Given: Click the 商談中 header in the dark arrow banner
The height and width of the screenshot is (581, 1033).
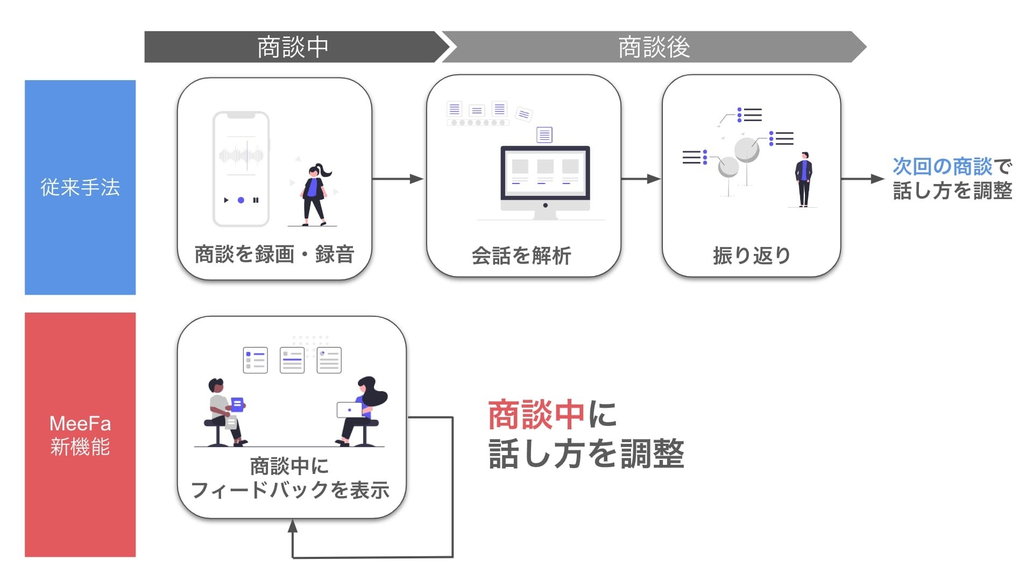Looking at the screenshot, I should (292, 47).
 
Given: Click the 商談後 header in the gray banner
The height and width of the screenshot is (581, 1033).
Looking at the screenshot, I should (654, 47).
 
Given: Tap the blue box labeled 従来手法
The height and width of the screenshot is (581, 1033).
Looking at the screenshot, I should (80, 187).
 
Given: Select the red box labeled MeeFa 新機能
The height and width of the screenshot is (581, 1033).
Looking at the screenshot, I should (80, 435).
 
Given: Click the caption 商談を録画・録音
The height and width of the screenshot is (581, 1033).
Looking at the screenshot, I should (274, 254).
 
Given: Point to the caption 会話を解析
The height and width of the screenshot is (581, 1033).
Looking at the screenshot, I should (521, 256).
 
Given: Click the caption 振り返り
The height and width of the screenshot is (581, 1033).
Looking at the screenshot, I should (751, 256).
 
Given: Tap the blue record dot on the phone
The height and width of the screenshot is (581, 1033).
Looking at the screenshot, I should (241, 200).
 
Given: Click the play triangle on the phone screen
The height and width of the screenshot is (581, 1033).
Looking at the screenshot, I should (226, 200).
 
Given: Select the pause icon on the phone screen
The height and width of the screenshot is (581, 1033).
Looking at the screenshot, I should (256, 200).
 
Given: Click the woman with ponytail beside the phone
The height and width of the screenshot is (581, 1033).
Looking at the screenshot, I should (314, 194).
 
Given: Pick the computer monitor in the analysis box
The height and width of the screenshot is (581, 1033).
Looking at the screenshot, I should (545, 178).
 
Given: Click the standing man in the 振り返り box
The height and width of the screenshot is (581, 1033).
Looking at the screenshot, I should (804, 179).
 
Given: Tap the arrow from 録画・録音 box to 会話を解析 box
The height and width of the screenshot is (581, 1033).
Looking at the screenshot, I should (398, 179).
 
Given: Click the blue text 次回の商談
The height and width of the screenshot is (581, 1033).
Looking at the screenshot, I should (942, 166).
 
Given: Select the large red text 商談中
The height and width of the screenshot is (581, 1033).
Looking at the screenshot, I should (536, 415).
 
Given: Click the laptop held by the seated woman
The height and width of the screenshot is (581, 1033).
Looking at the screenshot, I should (349, 410).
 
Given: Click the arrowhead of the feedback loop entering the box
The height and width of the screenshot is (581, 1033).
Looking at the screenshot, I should (293, 526).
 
